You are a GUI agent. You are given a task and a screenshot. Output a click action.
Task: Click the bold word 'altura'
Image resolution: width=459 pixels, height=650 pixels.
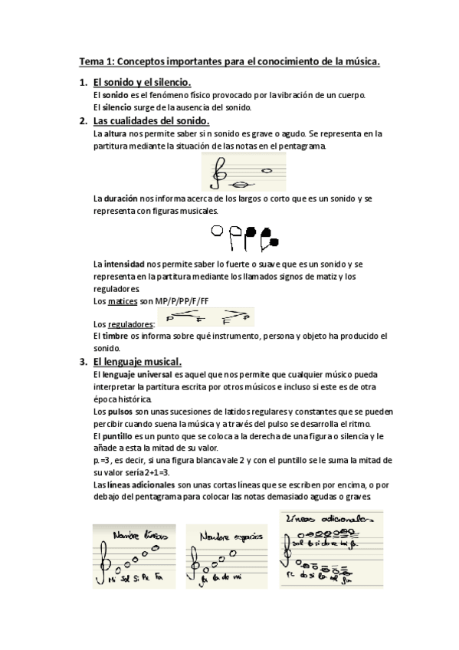pyautogui.click(x=115, y=133)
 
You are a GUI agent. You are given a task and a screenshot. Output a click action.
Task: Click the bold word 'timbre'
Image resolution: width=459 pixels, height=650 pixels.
pyautogui.click(x=117, y=335)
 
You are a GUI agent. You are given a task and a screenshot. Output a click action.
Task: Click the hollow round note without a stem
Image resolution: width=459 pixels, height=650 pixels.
pyautogui.click(x=215, y=229)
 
